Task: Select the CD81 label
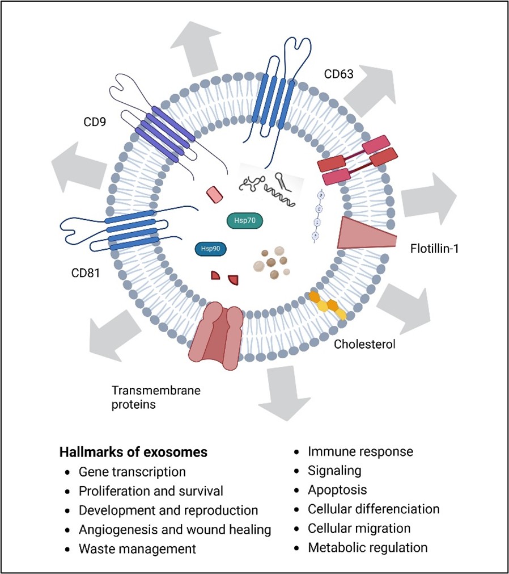86,273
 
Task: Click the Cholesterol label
364,344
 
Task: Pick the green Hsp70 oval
244,221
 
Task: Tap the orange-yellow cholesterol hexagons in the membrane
328,304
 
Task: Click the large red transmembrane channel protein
217,334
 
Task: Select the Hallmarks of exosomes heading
133,453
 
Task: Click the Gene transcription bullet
132,472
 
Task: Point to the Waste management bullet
137,549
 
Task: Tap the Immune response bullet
360,452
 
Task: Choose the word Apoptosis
337,490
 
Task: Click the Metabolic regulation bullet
367,548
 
